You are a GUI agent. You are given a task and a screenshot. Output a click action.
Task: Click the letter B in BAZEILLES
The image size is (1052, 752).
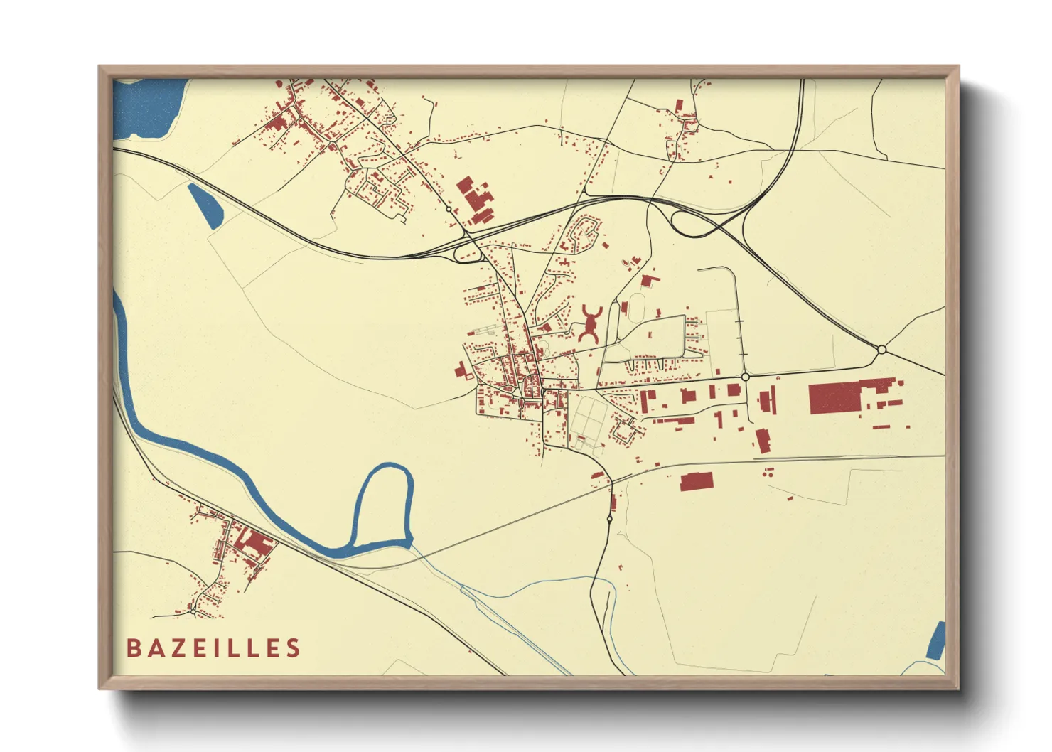pyautogui.click(x=133, y=648)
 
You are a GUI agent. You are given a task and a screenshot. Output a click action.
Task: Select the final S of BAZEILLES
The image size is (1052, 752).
pyautogui.click(x=293, y=648)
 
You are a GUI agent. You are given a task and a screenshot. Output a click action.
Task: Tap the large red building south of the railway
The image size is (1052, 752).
pyautogui.click(x=697, y=482)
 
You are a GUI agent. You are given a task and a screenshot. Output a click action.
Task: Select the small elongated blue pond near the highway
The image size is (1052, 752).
pyautogui.click(x=205, y=205)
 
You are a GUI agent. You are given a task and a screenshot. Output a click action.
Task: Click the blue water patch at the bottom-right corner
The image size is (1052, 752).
pyautogui.click(x=937, y=640)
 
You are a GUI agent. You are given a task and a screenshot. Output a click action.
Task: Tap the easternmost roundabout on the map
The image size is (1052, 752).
pyautogui.click(x=881, y=349)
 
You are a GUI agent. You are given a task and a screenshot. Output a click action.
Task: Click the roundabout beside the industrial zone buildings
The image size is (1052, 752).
pyautogui.click(x=745, y=377)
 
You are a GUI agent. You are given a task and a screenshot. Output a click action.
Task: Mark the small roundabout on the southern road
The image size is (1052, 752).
pyautogui.click(x=610, y=519)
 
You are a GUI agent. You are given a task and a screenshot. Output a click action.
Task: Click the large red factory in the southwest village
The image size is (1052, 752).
pyautogui.click(x=254, y=544)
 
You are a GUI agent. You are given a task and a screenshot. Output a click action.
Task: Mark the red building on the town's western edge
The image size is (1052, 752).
pyautogui.click(x=463, y=371)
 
